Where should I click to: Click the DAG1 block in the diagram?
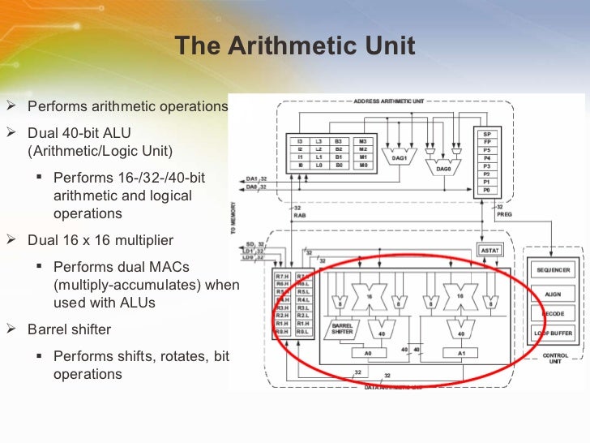(x=400, y=158)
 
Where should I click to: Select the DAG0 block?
(x=443, y=168)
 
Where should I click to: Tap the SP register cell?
(x=486, y=134)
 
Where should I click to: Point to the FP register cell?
(x=486, y=142)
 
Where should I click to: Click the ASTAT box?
(x=490, y=250)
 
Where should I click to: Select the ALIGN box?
(x=554, y=294)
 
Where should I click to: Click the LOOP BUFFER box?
(x=554, y=333)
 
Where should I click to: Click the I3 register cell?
(x=300, y=141)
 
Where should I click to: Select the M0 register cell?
(x=362, y=165)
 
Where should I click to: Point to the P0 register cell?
(x=486, y=190)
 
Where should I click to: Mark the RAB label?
(x=298, y=216)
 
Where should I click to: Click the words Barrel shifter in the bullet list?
(x=69, y=330)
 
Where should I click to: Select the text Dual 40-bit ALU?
(x=79, y=132)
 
